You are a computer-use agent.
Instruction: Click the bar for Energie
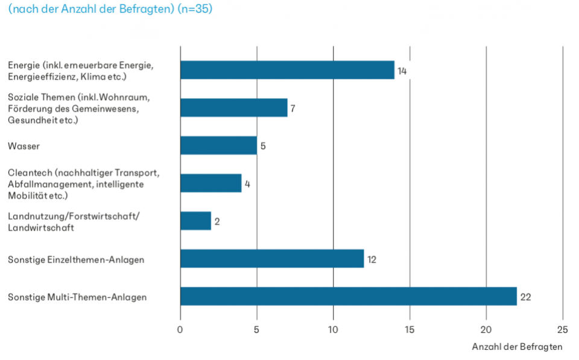(x=287, y=70)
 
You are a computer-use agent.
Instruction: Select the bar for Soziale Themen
(x=233, y=107)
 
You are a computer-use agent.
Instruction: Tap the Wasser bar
(x=218, y=145)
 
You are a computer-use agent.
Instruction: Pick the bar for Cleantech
(x=210, y=183)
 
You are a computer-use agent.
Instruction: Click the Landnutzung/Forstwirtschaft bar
(x=195, y=221)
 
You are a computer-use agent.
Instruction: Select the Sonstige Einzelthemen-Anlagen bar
(x=272, y=259)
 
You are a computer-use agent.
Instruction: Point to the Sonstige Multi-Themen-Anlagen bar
(x=349, y=296)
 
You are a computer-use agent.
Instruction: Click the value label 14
(x=402, y=71)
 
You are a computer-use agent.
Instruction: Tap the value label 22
(x=525, y=297)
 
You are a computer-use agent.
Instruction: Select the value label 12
(x=372, y=259)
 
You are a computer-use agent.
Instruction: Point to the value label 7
(x=293, y=109)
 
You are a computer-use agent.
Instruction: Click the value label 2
(x=217, y=222)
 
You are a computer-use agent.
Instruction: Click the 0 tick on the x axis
(x=180, y=330)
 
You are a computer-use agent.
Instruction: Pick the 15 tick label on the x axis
(x=410, y=330)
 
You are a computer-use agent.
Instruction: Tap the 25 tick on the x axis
(x=562, y=330)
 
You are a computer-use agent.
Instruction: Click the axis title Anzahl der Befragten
(x=517, y=347)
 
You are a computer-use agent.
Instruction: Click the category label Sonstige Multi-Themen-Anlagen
(x=77, y=297)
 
